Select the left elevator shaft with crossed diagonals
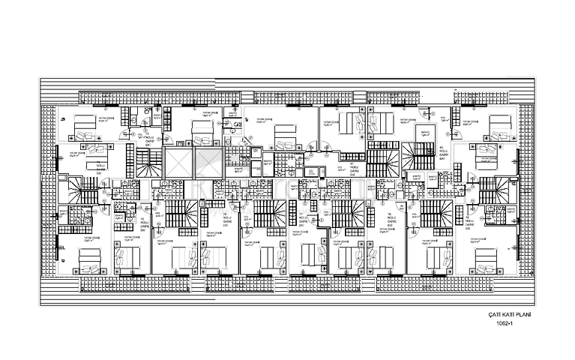[178, 163]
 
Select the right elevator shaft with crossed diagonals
[208, 163]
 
